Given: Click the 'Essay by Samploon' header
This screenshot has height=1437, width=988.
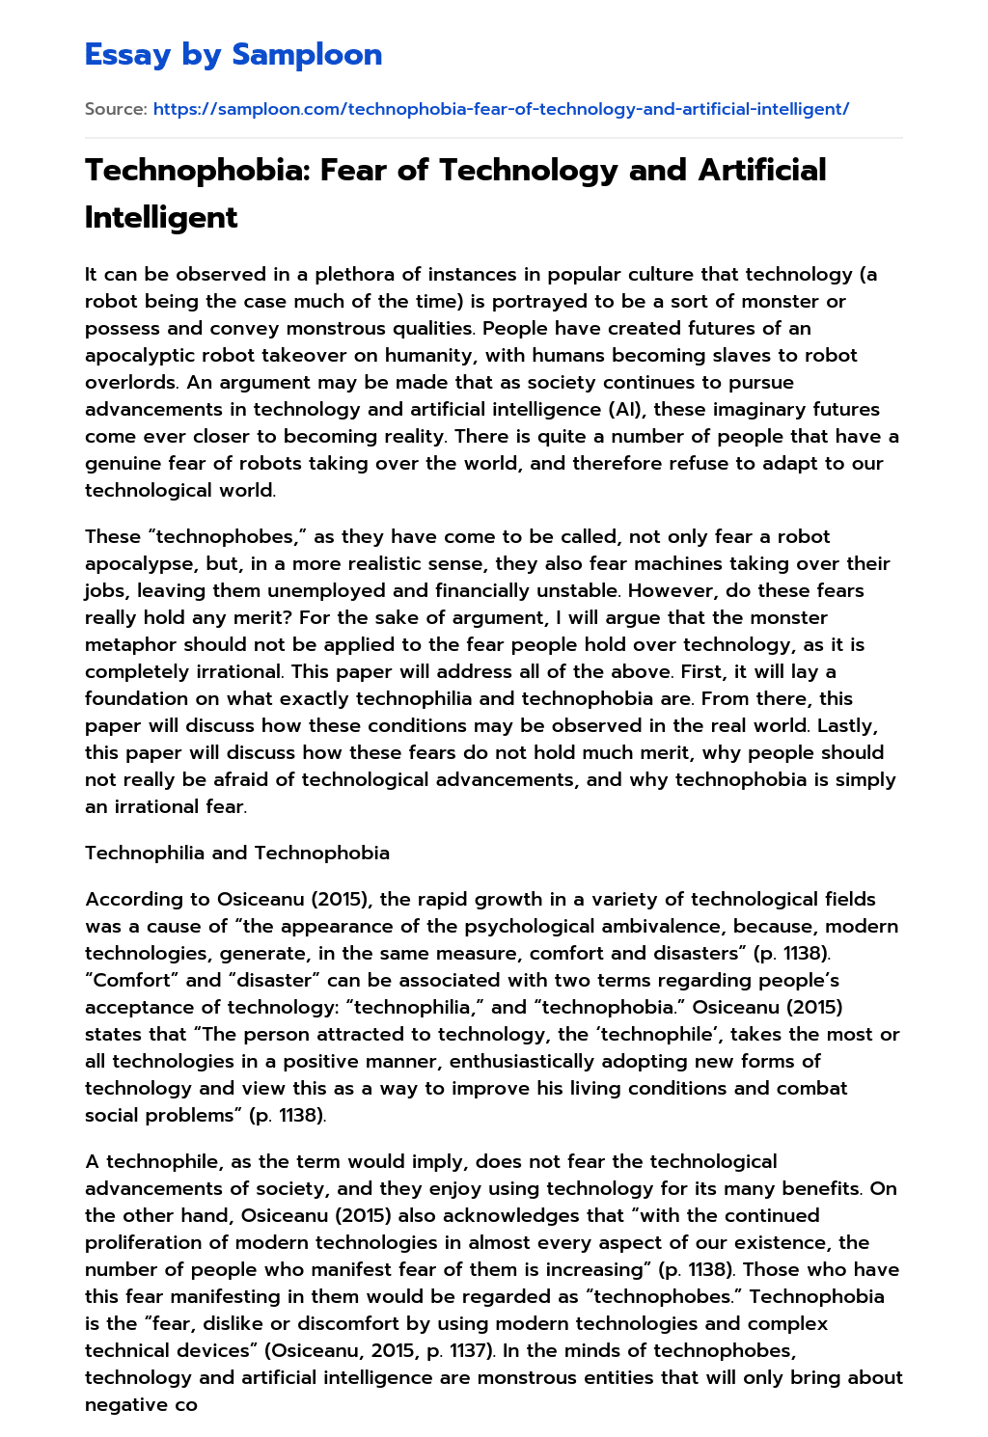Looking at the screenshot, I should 233,55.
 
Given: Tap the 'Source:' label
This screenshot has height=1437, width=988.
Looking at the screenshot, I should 116,109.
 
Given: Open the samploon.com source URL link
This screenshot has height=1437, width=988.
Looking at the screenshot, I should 501,109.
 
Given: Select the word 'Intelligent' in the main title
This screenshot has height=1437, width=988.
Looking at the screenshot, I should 161,217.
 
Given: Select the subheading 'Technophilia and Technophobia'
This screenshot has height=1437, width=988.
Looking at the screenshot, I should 237,853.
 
